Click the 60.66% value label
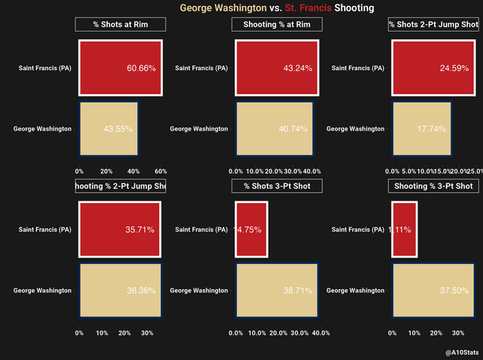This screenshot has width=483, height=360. (x=141, y=68)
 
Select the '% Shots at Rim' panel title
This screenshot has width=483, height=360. (x=121, y=25)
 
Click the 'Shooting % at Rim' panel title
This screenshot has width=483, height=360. (x=277, y=25)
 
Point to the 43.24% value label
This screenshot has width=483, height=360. (x=298, y=68)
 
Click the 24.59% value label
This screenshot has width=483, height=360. (x=454, y=68)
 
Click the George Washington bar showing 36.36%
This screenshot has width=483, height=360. (x=121, y=290)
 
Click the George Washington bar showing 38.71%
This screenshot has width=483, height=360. (x=276, y=290)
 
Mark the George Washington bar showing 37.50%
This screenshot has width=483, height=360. (x=432, y=290)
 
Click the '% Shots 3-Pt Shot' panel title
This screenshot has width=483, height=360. (x=277, y=186)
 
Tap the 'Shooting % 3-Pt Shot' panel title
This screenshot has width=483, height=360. (x=434, y=186)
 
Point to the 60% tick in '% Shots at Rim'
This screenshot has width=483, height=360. (x=160, y=171)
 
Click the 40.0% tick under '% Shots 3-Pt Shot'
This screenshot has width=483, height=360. (x=321, y=332)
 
